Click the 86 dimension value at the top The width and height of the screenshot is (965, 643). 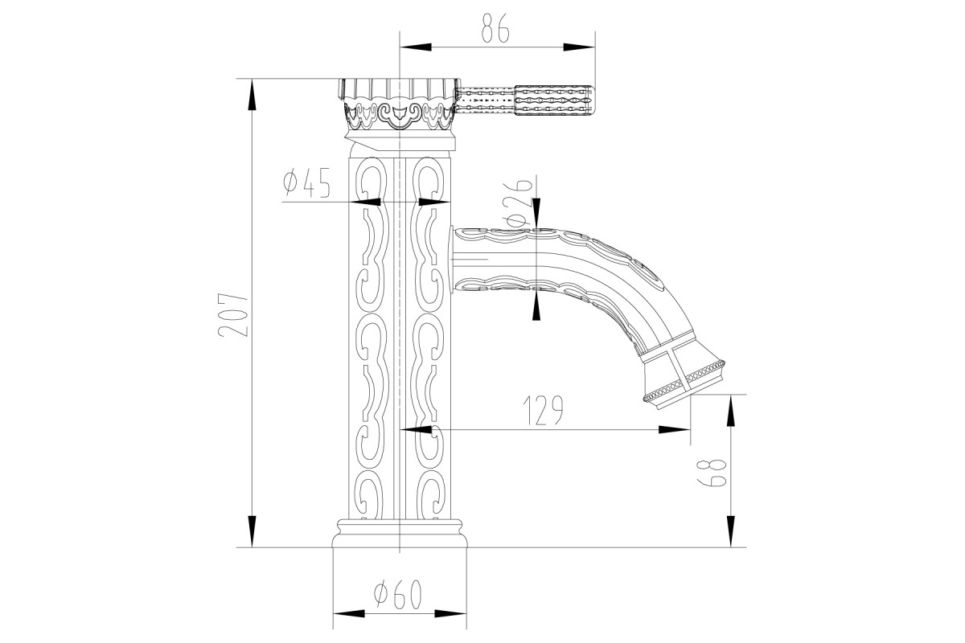(x=495, y=28)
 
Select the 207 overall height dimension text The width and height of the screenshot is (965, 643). (x=233, y=315)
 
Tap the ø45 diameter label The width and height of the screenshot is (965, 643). (x=306, y=182)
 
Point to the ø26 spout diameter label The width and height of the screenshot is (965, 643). (x=519, y=203)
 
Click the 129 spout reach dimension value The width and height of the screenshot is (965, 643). (x=543, y=410)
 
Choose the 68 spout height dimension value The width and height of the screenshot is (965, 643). (x=712, y=473)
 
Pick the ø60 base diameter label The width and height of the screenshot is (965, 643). (x=397, y=595)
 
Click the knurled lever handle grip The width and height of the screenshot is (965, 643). (x=555, y=100)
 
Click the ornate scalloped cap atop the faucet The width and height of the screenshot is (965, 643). (x=399, y=104)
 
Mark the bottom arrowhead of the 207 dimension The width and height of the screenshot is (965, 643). (x=252, y=532)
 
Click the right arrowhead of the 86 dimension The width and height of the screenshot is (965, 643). (x=580, y=47)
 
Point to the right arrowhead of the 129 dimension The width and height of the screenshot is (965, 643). (x=675, y=429)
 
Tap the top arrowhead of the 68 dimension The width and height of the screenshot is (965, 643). (x=731, y=411)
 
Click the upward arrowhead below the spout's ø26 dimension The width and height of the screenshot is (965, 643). (x=536, y=306)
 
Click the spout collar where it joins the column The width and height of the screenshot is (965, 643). (x=451, y=260)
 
